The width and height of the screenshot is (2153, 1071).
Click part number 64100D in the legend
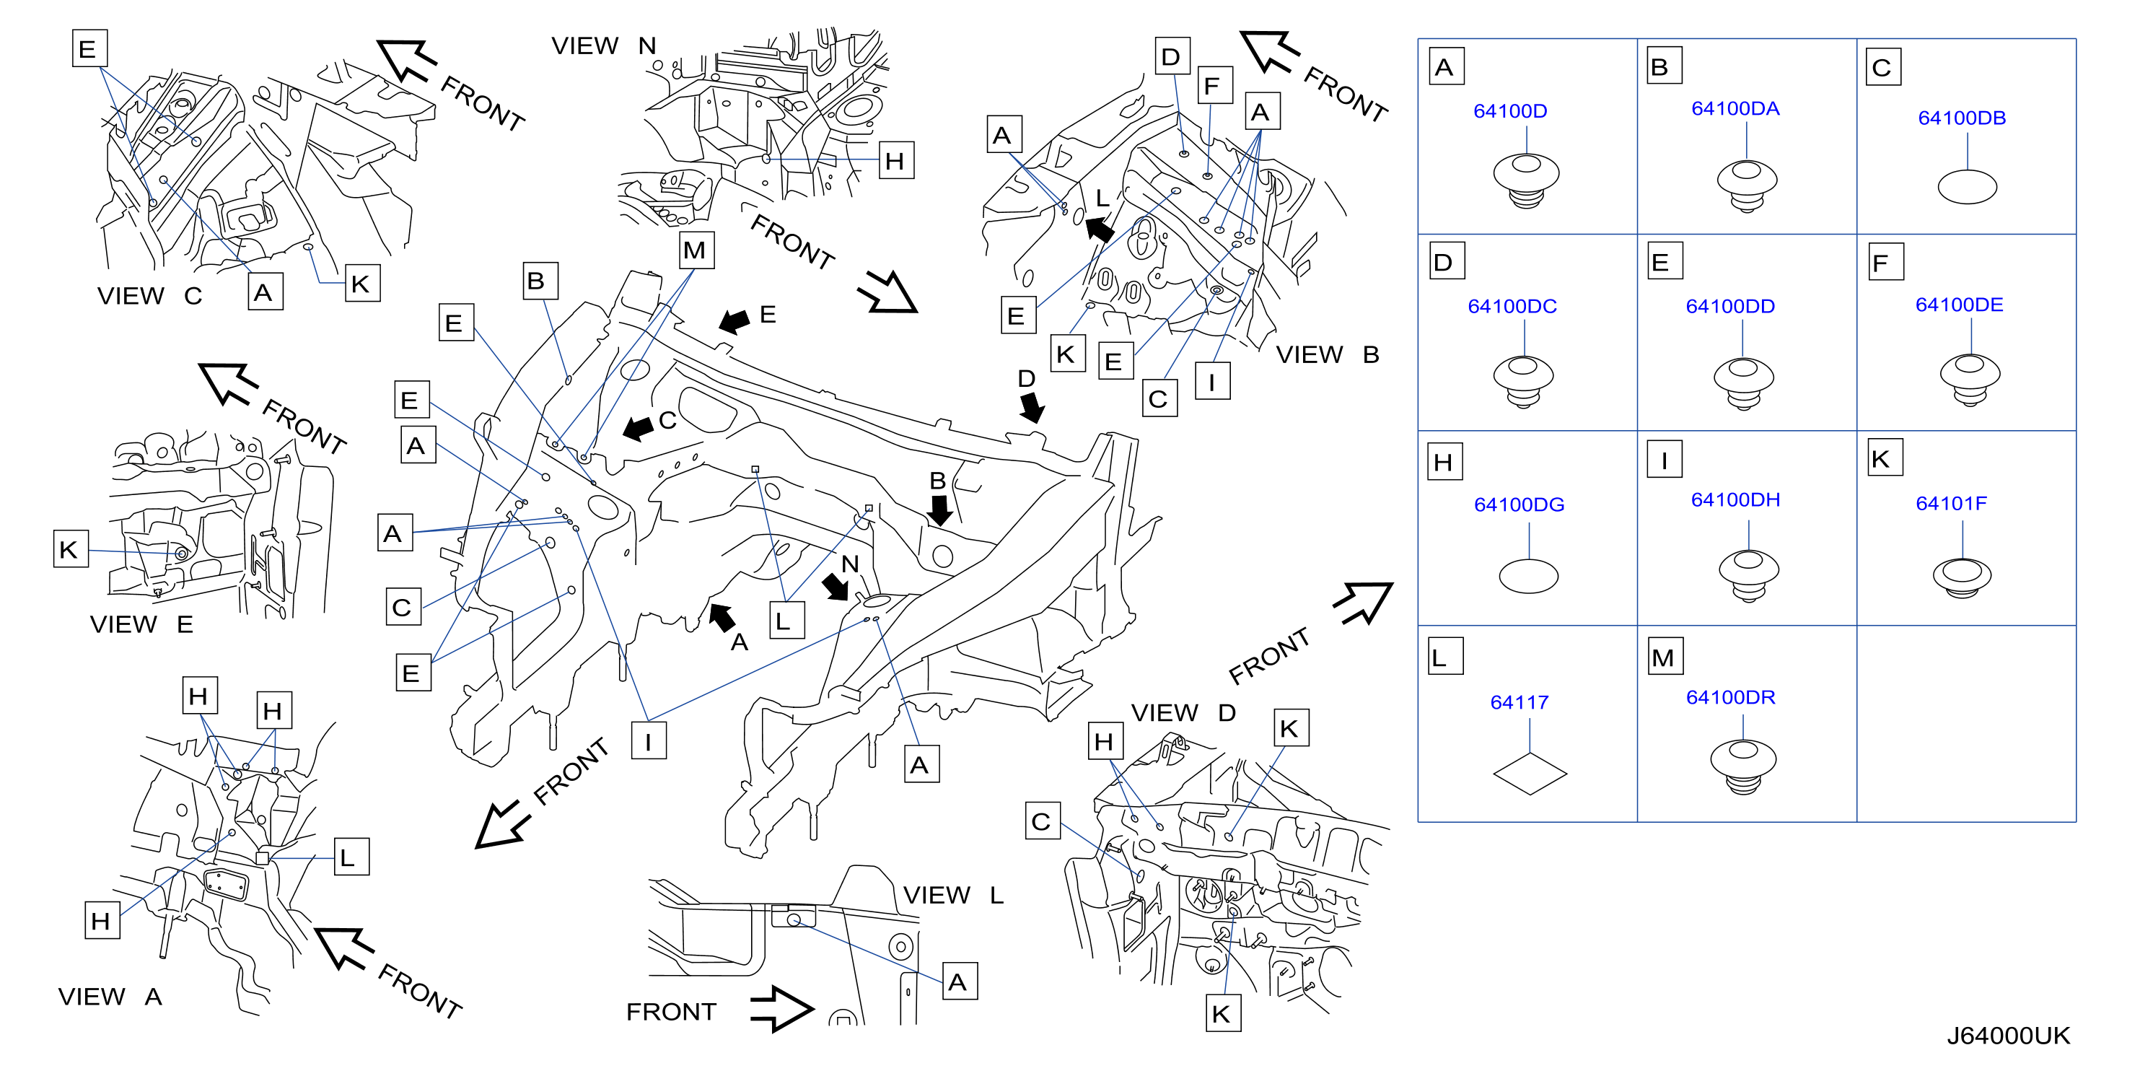(1509, 111)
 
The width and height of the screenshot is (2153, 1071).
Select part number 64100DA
(1735, 109)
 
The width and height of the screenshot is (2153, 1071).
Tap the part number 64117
(1519, 702)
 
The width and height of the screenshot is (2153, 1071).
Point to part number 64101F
(1951, 503)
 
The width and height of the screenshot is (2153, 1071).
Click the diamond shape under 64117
(1530, 774)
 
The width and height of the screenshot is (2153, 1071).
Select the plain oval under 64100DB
(1967, 186)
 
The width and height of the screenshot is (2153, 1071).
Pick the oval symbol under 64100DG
(1528, 576)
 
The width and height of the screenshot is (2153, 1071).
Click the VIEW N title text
(603, 46)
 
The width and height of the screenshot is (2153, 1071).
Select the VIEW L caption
(953, 896)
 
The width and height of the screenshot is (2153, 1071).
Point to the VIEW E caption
(141, 624)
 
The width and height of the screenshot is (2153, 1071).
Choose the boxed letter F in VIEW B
(1214, 85)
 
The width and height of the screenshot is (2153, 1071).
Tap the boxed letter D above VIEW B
(1172, 56)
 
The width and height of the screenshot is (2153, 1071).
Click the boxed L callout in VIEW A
(351, 857)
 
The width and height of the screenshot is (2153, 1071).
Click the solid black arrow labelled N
(834, 586)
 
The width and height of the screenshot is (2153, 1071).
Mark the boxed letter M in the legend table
(1662, 657)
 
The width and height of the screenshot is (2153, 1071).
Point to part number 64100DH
(1735, 500)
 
